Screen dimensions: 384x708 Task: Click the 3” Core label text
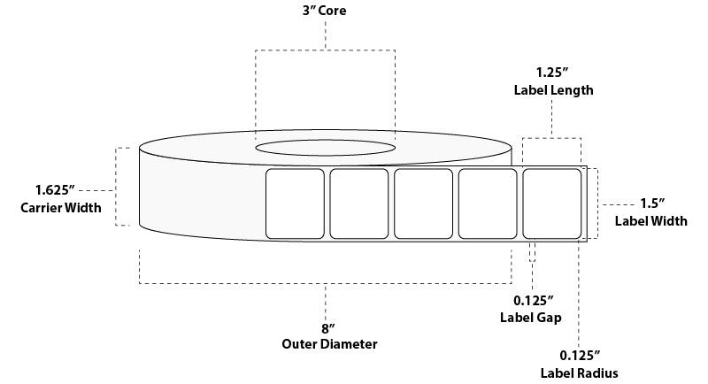[x=327, y=12]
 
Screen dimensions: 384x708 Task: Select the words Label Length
[x=553, y=90]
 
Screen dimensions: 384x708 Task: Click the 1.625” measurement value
[x=55, y=190]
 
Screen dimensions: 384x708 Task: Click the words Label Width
[x=651, y=221]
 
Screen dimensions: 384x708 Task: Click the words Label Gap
[x=532, y=316]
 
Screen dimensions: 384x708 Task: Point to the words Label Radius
[x=579, y=372]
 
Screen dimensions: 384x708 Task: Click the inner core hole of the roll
[x=326, y=145]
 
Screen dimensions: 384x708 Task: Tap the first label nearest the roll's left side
[x=296, y=203]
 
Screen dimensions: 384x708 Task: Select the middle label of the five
[x=423, y=203]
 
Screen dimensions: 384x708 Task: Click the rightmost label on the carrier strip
[x=551, y=203]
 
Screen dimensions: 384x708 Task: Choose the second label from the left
[x=359, y=203]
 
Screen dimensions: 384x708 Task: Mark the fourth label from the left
[x=488, y=203]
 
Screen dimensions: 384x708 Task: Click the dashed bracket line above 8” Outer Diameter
[x=326, y=283]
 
